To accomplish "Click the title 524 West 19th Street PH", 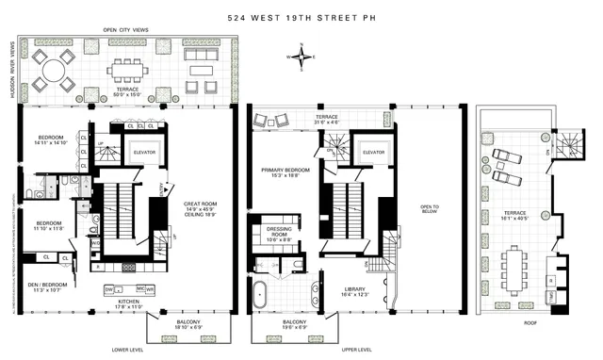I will (301, 17).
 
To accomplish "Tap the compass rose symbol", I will (301, 57).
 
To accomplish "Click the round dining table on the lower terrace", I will (54, 70).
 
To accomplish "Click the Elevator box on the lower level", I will (142, 152).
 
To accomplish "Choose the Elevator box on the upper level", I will (373, 152).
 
